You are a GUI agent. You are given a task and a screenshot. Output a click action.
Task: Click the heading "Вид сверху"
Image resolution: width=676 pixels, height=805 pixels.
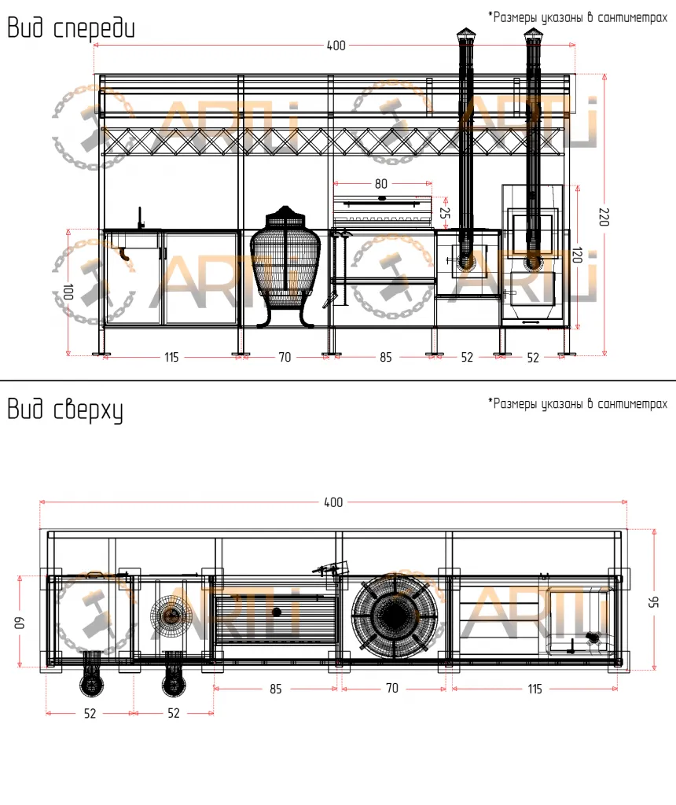pos(65,410)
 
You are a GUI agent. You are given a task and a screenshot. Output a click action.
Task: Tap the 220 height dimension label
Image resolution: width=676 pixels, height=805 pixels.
pos(604,217)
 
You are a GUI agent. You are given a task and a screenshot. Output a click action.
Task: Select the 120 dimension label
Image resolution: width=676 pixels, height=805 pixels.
pos(577,255)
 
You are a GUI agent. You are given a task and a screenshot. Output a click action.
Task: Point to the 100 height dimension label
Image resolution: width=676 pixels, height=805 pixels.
pos(68,292)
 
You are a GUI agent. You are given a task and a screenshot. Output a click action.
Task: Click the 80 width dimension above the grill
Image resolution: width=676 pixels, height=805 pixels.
pos(381,184)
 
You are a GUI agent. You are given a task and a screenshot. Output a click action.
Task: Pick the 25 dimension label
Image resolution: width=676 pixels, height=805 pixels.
pos(444,212)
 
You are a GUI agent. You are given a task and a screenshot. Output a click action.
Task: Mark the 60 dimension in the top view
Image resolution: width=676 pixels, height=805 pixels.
pos(19,623)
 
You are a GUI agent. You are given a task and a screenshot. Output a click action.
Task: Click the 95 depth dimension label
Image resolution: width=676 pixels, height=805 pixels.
pos(653,601)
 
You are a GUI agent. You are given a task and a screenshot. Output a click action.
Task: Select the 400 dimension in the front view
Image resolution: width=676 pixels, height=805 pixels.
pos(336,46)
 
